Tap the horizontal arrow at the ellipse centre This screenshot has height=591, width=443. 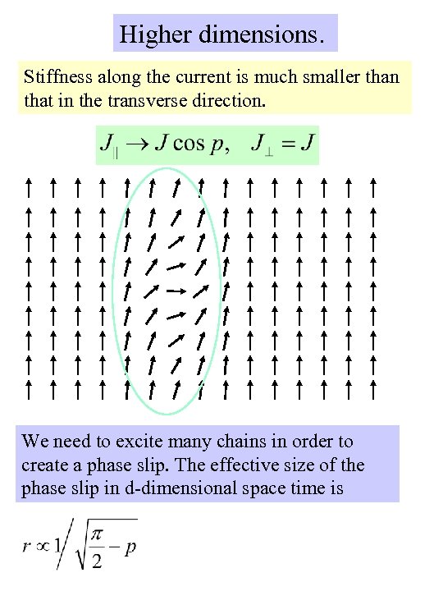[x=173, y=291]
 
